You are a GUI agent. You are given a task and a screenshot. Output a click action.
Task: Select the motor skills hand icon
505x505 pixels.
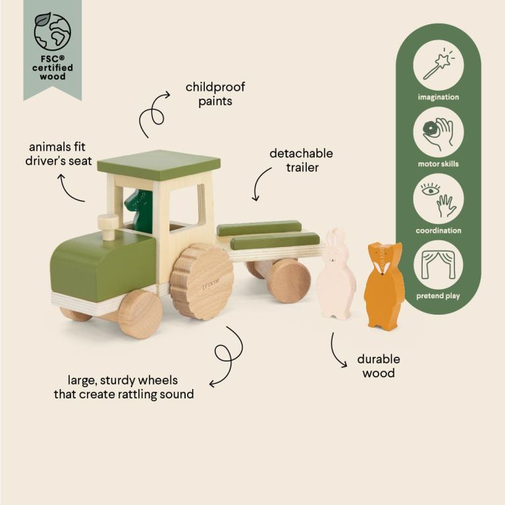coord(439,132)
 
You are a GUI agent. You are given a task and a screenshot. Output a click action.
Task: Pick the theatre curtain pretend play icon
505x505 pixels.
coord(439,265)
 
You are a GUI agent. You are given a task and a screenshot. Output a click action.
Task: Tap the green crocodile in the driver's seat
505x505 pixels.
coord(140,210)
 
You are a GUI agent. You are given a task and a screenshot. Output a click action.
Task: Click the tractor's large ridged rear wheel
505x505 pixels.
coord(201,281)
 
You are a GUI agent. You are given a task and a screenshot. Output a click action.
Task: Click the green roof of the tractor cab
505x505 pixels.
coord(158,165)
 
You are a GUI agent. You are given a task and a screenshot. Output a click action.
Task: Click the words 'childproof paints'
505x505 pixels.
coord(211,94)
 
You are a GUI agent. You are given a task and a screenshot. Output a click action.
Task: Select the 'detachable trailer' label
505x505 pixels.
coord(302,160)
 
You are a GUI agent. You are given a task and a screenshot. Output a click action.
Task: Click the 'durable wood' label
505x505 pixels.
coord(378,366)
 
